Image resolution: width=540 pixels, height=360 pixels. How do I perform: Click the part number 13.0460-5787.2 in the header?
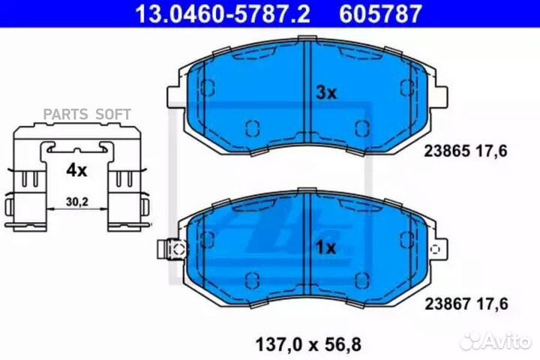[223, 13]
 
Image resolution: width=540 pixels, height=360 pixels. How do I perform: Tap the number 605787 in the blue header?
[380, 13]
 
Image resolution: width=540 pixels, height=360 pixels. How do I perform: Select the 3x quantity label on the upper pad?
[326, 93]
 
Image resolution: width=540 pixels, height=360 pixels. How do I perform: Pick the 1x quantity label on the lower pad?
[325, 247]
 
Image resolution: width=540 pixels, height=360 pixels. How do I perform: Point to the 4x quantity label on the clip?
[76, 170]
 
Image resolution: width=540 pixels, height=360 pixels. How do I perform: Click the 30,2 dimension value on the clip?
[76, 202]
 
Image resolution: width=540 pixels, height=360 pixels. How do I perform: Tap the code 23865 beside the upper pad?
[447, 151]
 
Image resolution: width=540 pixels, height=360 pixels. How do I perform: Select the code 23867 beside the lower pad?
[447, 304]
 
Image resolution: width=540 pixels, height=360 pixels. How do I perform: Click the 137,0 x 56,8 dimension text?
[308, 344]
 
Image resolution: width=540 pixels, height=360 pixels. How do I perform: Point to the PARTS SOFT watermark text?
[87, 114]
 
